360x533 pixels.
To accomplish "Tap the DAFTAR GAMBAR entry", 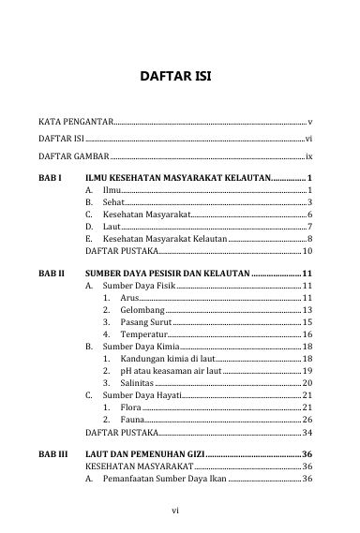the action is point(73,155).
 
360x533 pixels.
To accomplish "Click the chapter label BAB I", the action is point(50,176).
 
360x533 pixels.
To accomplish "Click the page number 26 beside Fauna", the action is point(307,422).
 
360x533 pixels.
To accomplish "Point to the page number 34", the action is point(307,434).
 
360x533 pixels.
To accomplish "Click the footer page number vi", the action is point(175,511).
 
